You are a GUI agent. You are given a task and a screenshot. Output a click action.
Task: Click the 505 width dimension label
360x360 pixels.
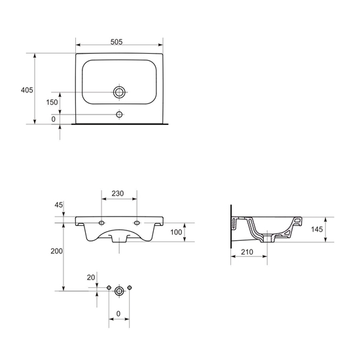117,42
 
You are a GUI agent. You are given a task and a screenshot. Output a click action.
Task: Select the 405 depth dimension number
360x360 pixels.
27,90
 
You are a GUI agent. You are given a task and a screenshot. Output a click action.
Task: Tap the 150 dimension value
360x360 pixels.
52,102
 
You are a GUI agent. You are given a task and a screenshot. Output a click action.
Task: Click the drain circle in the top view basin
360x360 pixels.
119,92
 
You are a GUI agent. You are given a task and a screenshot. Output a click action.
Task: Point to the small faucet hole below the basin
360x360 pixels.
119,114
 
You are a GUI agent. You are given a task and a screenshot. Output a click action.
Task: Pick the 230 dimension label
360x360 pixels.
118,194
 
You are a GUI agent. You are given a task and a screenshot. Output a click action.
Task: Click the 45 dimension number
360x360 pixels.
58,205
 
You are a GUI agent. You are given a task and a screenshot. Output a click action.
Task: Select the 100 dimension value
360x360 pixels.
176,232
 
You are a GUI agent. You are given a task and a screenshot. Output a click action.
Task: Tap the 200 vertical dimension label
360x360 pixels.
56,251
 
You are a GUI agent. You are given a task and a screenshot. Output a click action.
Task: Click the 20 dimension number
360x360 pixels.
91,278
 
